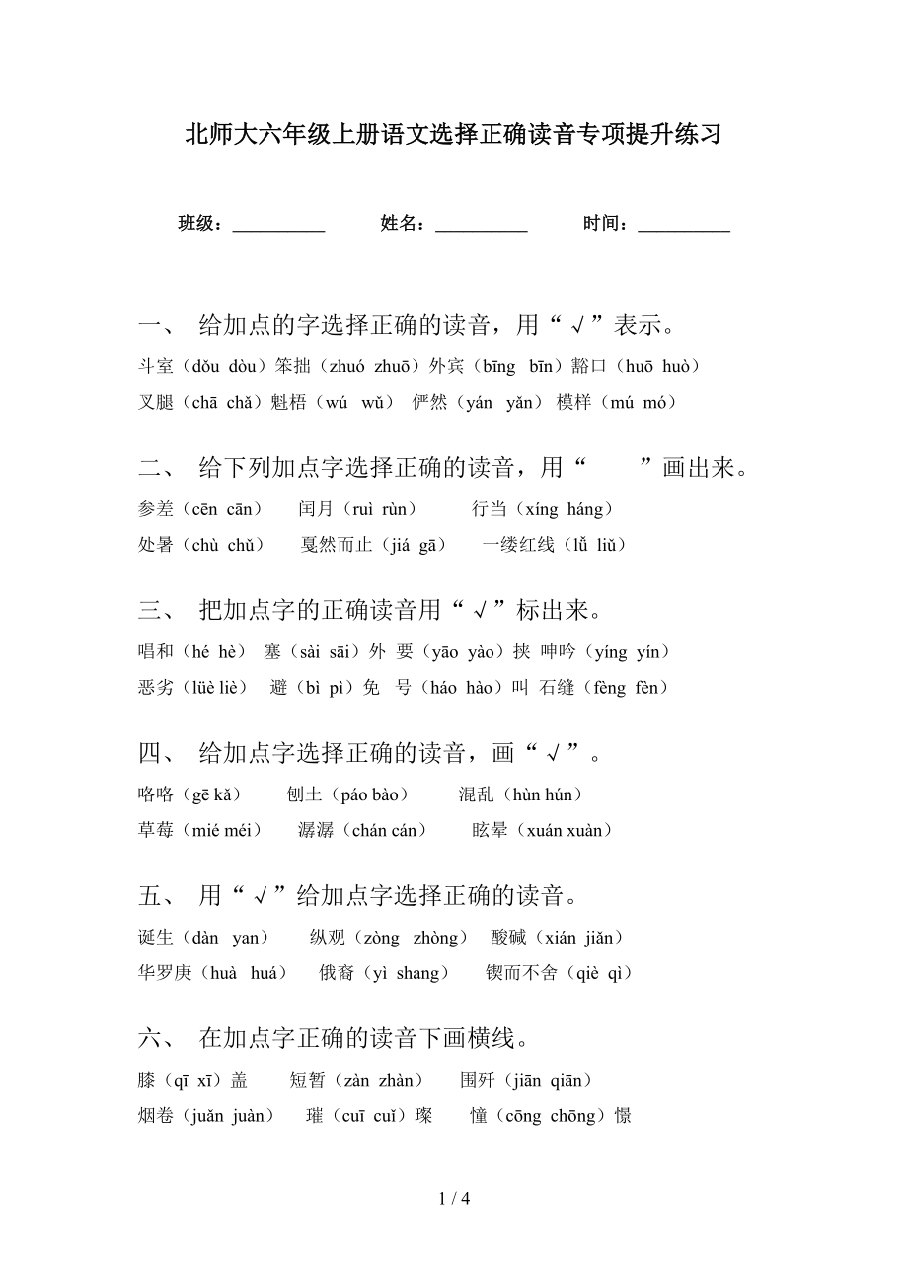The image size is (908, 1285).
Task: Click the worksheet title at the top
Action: (x=453, y=135)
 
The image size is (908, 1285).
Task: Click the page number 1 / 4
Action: (x=453, y=1199)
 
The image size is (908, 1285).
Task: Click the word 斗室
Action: (x=156, y=367)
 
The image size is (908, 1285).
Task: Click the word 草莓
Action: (x=156, y=830)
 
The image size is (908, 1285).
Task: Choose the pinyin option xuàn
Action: (x=582, y=830)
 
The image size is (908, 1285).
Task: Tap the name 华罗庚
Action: (x=165, y=973)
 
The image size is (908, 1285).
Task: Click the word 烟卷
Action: (x=156, y=1116)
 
